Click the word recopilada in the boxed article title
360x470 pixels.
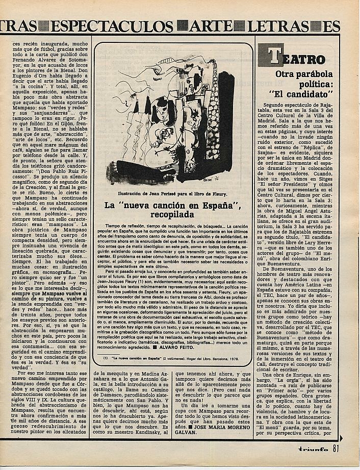[x=172, y=214]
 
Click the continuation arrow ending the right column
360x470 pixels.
[x=341, y=436]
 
